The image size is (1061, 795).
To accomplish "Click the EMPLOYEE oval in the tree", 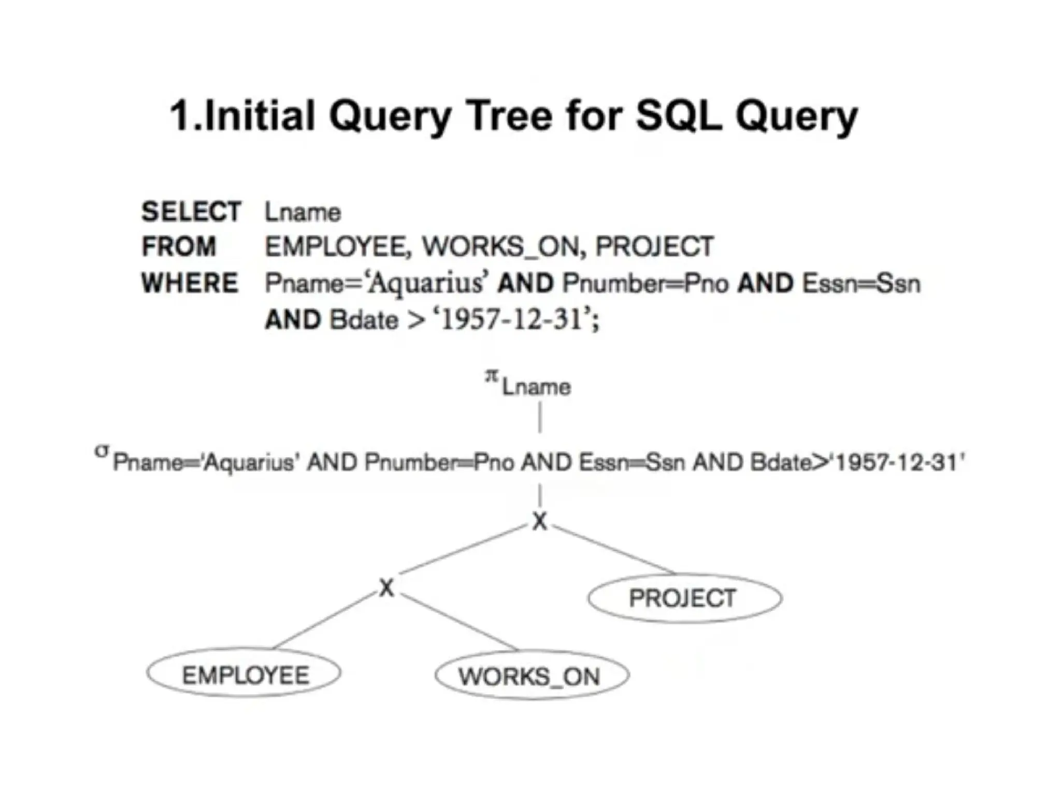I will pos(244,674).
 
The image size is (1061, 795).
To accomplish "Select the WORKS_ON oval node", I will pos(532,676).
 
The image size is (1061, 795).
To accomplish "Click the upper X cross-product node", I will pos(540,521).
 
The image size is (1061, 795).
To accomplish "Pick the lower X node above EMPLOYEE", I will pos(386,588).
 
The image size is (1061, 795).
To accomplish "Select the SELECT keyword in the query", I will pos(191,212).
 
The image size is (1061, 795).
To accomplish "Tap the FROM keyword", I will pos(179,246).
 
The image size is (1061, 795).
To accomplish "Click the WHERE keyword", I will pos(190,283).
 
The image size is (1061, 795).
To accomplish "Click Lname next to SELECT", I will pos(303,213).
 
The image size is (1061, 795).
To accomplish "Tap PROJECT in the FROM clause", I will pos(655,246).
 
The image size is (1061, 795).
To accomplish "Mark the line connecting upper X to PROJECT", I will pos(614,550).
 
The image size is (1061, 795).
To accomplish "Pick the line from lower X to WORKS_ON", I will pos(458,623).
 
